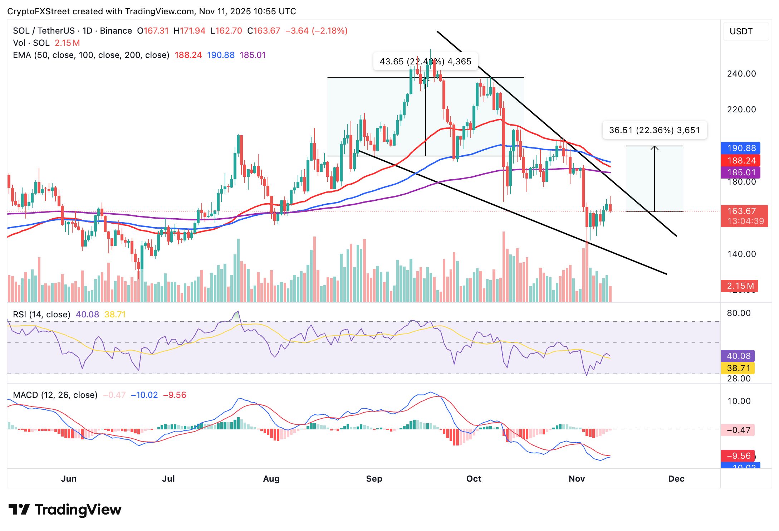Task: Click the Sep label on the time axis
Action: pos(374,479)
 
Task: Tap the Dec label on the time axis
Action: pos(676,479)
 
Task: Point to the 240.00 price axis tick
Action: pos(741,74)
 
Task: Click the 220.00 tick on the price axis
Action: pos(741,109)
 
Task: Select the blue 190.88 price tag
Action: pos(741,148)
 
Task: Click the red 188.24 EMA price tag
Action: pos(741,160)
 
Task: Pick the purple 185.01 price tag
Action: pos(741,172)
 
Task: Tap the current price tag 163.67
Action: pos(741,211)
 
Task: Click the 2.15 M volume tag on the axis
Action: pos(740,286)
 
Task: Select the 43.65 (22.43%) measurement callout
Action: pos(425,62)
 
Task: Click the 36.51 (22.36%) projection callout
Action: pos(655,130)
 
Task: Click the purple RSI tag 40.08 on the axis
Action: pos(739,356)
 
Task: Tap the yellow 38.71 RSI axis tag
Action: pos(739,368)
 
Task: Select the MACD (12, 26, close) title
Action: pos(55,395)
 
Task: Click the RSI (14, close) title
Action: pos(41,315)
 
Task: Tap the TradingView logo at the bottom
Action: pos(65,510)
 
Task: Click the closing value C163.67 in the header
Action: pos(264,31)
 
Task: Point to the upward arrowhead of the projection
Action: pos(655,147)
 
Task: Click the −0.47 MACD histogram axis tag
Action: pos(739,430)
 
